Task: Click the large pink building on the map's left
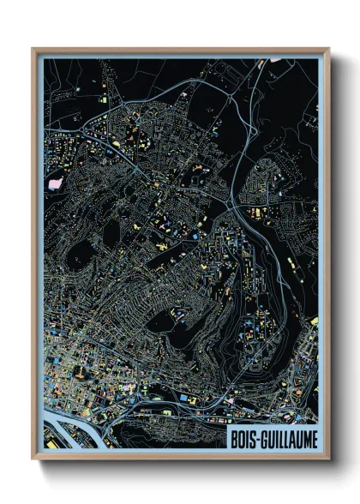(57, 182)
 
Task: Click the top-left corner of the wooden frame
(33, 50)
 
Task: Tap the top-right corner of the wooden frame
(328, 50)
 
